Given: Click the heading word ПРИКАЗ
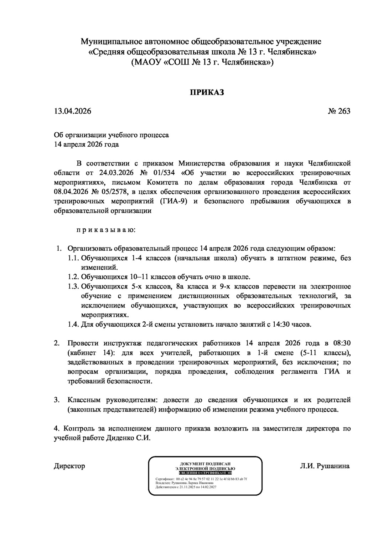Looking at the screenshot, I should point(207,92).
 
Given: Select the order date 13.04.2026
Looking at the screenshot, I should point(72,111).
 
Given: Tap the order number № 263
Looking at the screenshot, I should point(339,111).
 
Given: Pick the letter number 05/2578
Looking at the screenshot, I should point(109,192).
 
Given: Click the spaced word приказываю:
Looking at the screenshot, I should point(106,230).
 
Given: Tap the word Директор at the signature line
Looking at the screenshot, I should point(69,466).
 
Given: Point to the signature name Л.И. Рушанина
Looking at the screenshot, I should point(325,466).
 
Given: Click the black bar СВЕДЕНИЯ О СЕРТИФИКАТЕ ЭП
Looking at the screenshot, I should point(205,473).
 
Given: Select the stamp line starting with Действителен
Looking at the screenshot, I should point(186,487).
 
